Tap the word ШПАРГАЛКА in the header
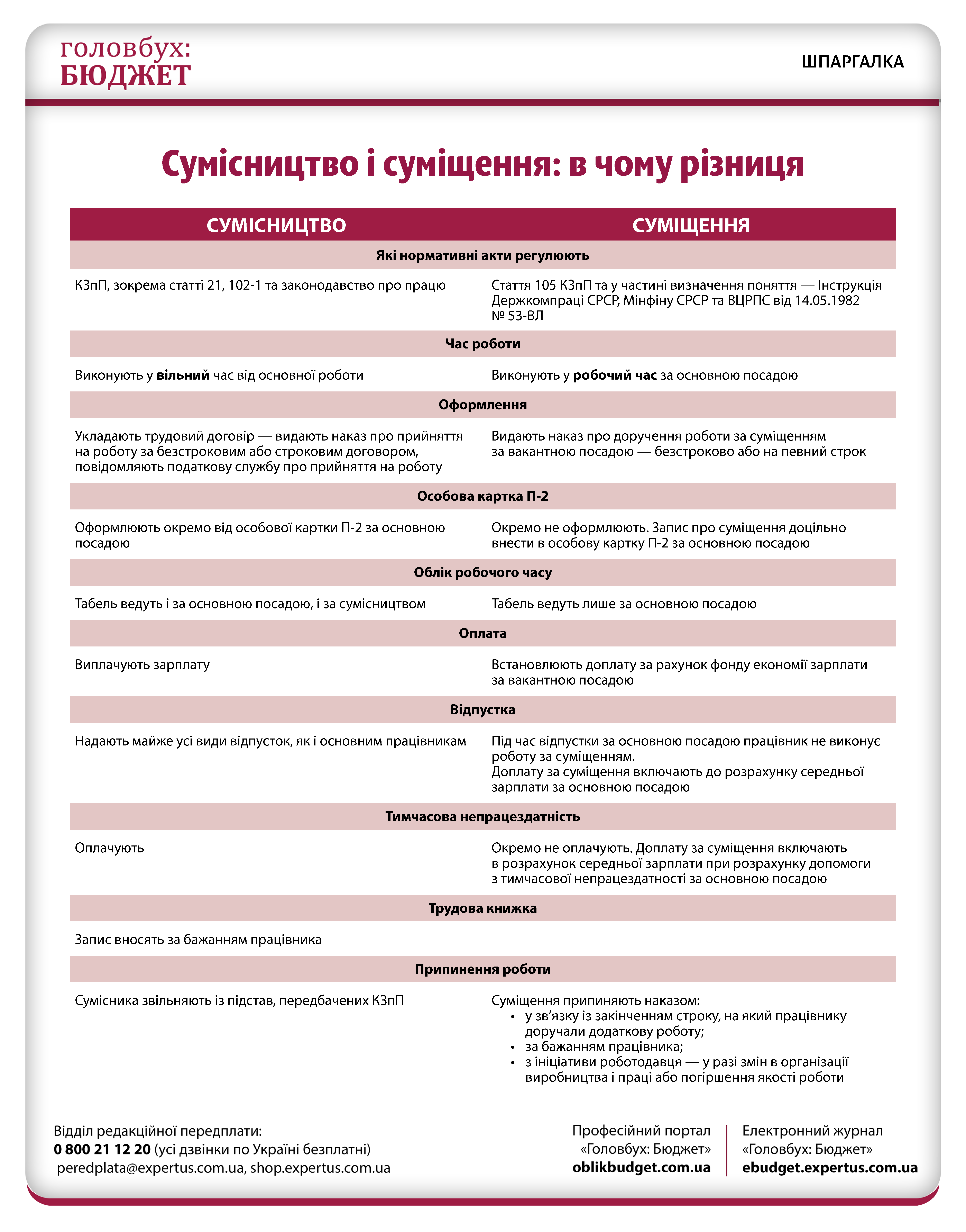[x=852, y=62]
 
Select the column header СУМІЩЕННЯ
[x=691, y=225]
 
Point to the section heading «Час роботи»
[x=482, y=344]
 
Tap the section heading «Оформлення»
[x=482, y=405]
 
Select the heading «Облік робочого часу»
[x=482, y=572]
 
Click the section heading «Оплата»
[x=482, y=634]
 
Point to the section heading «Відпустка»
[x=482, y=710]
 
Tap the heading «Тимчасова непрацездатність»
[x=482, y=817]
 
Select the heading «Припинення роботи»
[x=482, y=970]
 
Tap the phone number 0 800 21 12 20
[x=102, y=1149]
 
